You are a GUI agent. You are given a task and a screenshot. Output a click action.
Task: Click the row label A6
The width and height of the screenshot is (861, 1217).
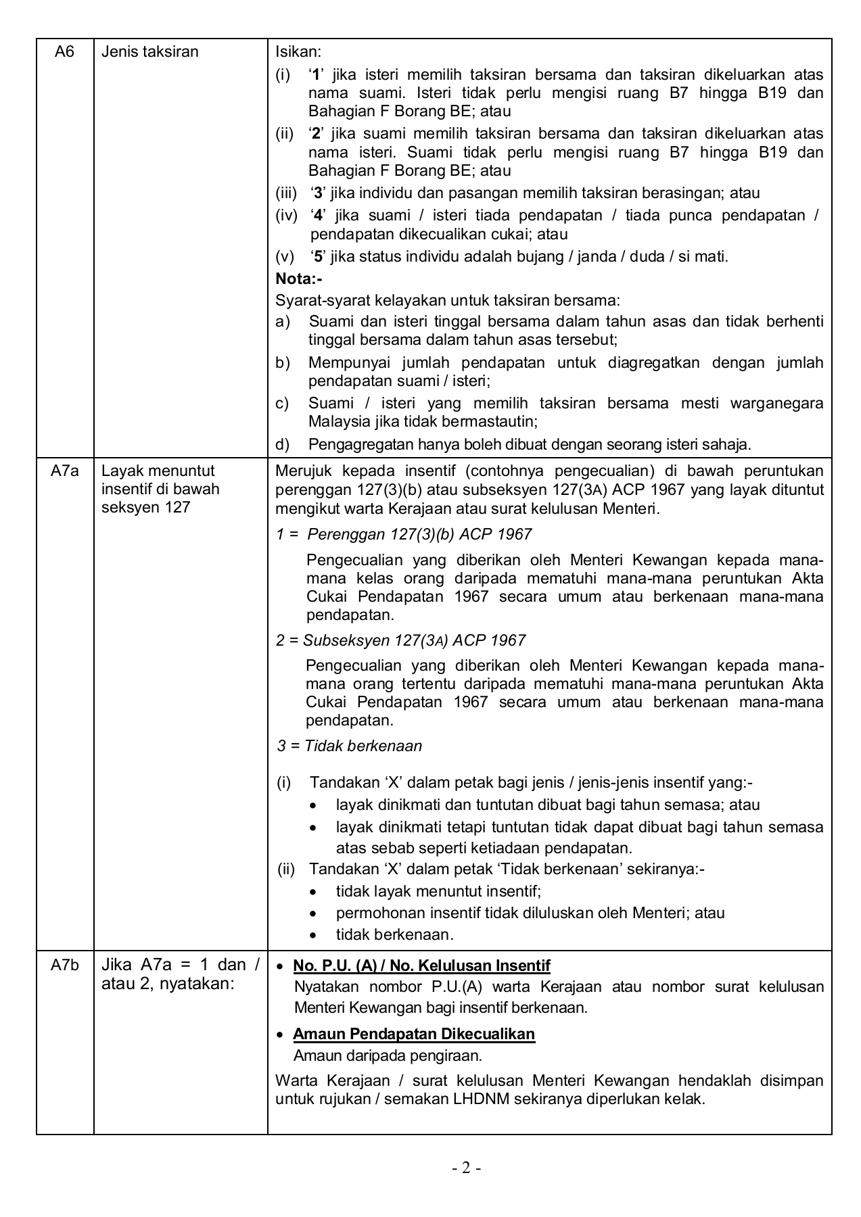[64, 52]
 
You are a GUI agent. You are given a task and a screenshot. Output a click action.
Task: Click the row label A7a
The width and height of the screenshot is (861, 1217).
[64, 471]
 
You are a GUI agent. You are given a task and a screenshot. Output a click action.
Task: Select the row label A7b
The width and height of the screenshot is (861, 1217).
[64, 965]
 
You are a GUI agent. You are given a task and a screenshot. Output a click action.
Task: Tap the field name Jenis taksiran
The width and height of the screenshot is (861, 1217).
[149, 52]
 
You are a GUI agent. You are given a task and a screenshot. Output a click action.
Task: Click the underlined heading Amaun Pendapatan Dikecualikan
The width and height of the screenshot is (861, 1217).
[413, 1034]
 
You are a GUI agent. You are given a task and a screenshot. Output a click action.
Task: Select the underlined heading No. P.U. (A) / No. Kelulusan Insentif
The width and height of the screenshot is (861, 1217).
[421, 965]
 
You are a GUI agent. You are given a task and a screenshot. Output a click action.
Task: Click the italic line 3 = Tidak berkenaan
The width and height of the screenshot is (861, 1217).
[349, 746]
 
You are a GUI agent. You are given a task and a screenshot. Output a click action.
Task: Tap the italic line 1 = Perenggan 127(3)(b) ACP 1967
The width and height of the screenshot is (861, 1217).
[404, 535]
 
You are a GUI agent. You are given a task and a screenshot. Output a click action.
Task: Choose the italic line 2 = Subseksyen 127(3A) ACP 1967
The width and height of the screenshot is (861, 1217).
[400, 640]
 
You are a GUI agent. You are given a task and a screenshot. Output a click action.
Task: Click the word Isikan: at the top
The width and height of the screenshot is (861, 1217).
[298, 52]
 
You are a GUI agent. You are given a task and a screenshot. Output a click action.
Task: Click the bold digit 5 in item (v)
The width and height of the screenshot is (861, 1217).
[316, 257]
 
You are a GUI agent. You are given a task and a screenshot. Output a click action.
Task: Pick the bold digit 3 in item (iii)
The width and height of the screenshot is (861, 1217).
[317, 193]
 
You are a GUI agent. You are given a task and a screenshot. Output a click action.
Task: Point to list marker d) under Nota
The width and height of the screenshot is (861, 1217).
[282, 444]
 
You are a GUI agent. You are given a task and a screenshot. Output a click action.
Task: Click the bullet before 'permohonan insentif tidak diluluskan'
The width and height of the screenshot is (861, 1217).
[312, 913]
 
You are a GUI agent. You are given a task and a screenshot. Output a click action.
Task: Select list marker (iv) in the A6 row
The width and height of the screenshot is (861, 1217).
[286, 216]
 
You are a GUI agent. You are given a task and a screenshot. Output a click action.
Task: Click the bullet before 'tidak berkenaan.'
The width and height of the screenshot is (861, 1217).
[312, 935]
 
